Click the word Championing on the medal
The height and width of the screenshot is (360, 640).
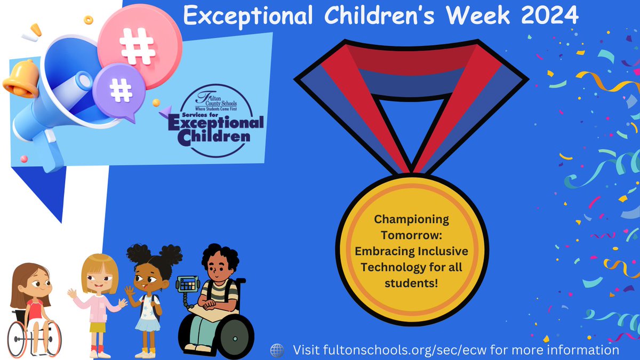pyautogui.click(x=411, y=219)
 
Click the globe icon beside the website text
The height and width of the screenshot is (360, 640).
pyautogui.click(x=277, y=350)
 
